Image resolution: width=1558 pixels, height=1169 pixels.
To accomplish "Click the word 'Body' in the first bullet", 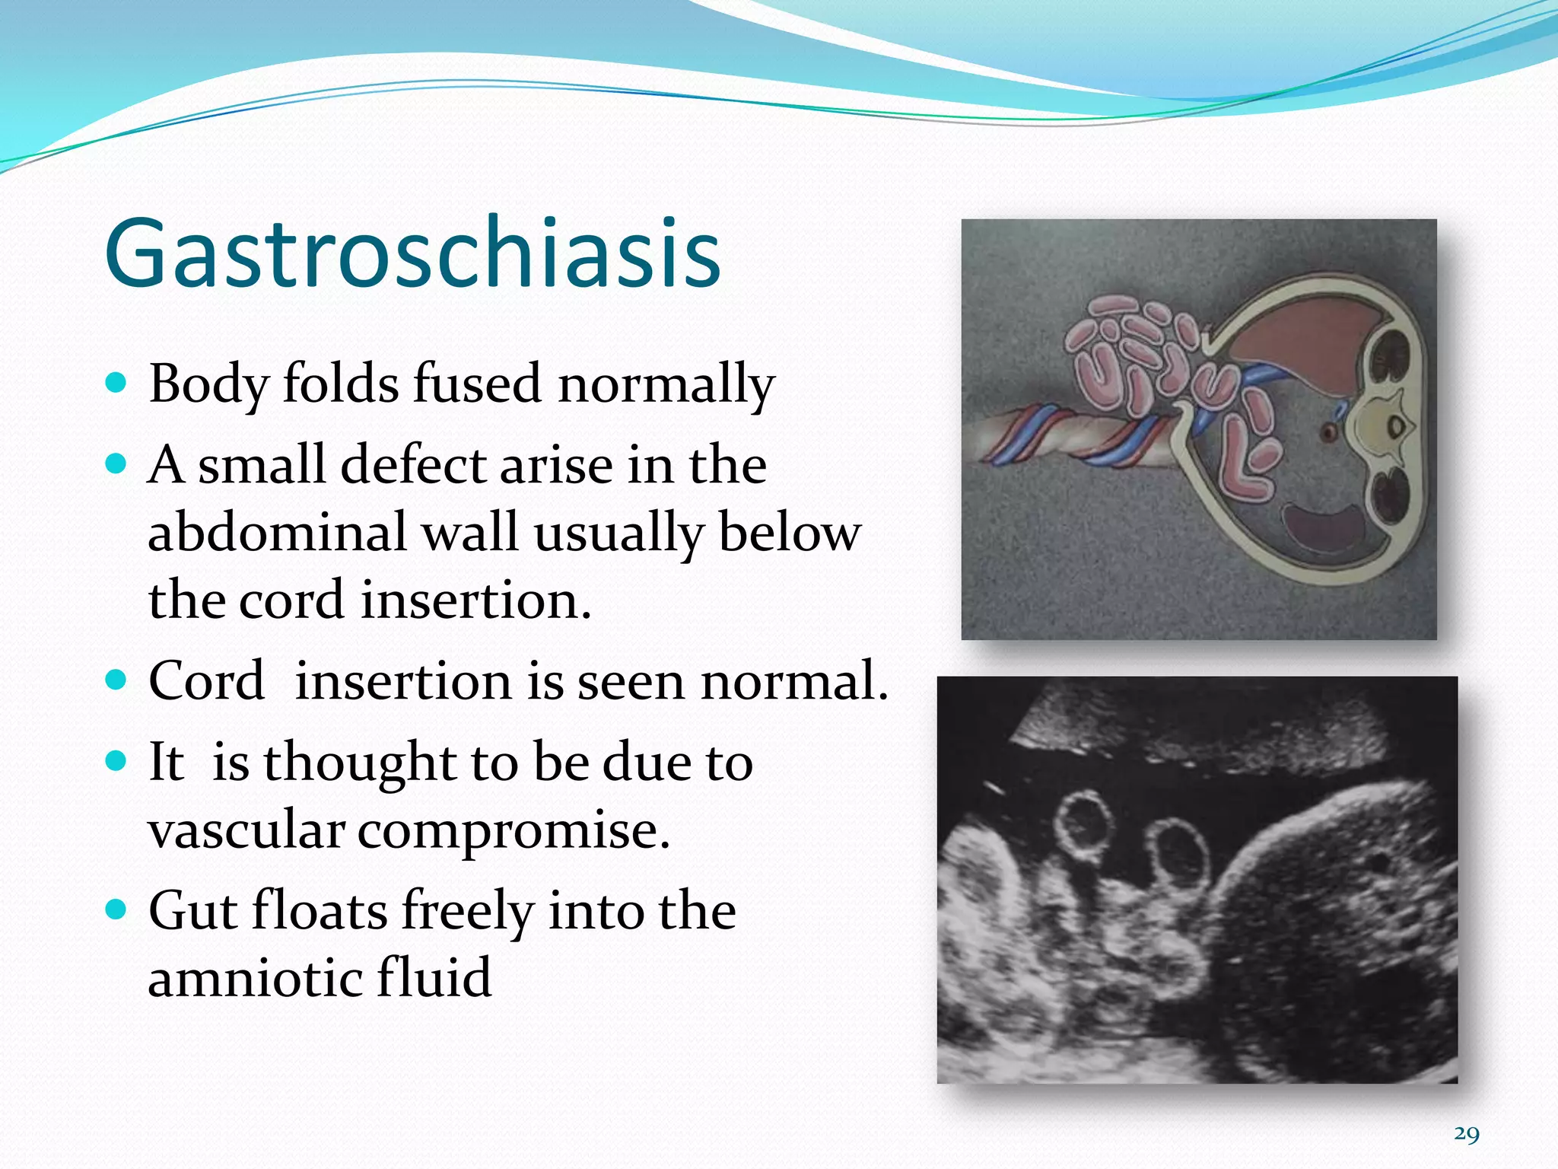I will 208,384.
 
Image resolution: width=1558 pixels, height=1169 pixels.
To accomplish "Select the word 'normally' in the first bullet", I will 666,384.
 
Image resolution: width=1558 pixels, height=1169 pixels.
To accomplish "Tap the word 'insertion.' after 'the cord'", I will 475,600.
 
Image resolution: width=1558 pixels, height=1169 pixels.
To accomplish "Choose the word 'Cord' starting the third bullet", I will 206,680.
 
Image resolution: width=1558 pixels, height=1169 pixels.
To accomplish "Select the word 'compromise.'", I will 514,831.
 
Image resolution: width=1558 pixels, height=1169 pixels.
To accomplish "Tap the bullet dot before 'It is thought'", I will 116,761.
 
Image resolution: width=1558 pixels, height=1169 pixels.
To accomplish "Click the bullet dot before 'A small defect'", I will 116,463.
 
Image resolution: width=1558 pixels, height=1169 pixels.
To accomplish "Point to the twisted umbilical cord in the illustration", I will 1065,441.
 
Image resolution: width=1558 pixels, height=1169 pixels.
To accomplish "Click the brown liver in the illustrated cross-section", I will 1293,335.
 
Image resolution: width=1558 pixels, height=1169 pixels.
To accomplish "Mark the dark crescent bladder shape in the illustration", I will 1327,525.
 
